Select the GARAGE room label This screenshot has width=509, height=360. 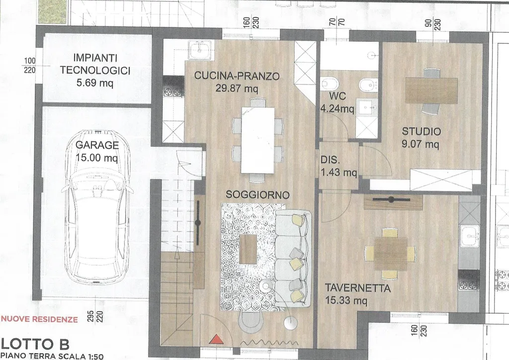click(97, 145)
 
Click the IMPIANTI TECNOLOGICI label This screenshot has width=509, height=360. click(95, 64)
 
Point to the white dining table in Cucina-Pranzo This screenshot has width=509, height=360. click(258, 140)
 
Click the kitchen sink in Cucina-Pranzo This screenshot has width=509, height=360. click(201, 50)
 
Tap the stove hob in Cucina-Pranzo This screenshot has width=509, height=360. click(173, 87)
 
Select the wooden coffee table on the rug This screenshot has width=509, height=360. click(248, 249)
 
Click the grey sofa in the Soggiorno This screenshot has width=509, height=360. click(293, 259)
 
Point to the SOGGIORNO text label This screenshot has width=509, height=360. click(257, 195)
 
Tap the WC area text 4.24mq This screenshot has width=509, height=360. click(338, 108)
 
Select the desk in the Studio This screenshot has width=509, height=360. click(431, 90)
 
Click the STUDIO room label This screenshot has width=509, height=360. click(422, 131)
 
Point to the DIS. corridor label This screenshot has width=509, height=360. click(330, 160)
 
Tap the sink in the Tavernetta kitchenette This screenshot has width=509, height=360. click(469, 235)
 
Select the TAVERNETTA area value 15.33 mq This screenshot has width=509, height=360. click(346, 301)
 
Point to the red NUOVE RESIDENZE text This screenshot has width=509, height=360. click(40, 319)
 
